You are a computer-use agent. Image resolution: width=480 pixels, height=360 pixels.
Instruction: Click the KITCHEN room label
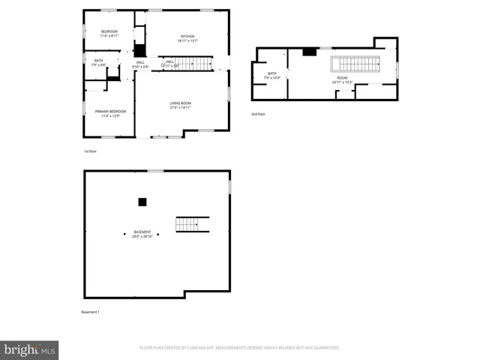[187, 37]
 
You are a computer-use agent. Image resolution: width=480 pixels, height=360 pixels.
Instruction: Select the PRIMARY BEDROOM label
[109, 111]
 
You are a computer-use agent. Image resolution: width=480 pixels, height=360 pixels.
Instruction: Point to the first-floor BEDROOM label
[109, 31]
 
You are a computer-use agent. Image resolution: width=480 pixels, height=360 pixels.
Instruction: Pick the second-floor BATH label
[271, 73]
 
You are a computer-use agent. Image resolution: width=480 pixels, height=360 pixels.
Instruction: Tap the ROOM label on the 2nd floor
[342, 77]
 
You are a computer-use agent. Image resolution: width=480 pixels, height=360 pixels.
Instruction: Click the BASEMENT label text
[142, 232]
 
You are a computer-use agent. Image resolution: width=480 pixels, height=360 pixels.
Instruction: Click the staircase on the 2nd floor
[357, 63]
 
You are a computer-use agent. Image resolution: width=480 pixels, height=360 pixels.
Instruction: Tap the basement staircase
[192, 224]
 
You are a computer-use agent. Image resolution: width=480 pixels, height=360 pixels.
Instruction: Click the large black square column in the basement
[142, 202]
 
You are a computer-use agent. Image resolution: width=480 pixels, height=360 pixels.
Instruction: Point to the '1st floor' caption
[91, 151]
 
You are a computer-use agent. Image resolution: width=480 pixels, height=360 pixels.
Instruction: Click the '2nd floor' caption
[258, 114]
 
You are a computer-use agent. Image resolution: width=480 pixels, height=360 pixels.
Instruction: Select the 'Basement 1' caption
[90, 312]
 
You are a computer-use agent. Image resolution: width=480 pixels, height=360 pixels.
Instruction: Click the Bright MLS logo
[30, 349]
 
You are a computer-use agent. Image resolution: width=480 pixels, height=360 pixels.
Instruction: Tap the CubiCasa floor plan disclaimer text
[240, 348]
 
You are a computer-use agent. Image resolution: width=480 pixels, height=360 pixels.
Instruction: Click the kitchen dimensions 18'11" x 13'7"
[187, 42]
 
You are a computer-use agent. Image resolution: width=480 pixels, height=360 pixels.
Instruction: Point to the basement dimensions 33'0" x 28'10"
[142, 237]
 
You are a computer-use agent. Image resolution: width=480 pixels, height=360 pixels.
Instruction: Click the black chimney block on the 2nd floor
[309, 52]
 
